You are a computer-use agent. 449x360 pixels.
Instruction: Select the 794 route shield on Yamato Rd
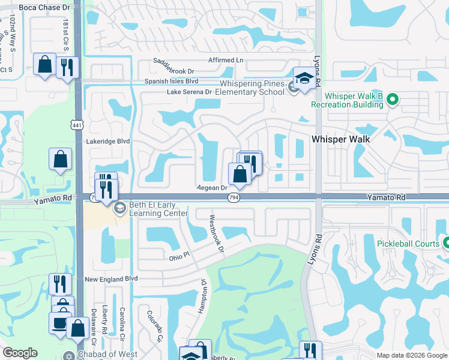(x=234, y=197)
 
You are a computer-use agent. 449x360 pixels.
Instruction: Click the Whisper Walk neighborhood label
(x=340, y=139)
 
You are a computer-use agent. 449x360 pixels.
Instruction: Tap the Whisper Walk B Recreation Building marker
(x=393, y=99)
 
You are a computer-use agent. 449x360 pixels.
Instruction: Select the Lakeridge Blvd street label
(x=108, y=142)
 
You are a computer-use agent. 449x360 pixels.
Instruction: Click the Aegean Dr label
(x=211, y=187)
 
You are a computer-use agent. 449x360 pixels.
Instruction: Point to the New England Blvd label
(x=111, y=279)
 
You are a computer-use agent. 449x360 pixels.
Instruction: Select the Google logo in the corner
(x=20, y=353)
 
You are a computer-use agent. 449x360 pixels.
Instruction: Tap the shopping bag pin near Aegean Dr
(x=240, y=175)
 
